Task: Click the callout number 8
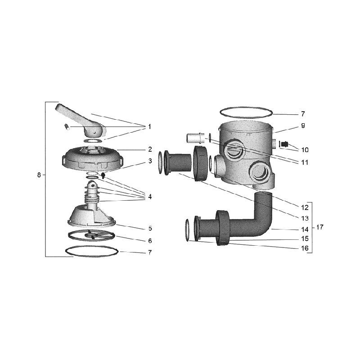[39, 175]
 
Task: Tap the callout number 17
[320, 228]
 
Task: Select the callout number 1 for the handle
[149, 127]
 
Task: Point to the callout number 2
[149, 149]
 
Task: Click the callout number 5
[149, 228]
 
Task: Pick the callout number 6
[149, 241]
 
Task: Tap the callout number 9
[303, 126]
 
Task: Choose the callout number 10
[305, 149]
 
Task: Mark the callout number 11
[305, 162]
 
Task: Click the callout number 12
[305, 207]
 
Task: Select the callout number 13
[305, 219]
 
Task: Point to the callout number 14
[305, 229]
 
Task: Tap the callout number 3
[149, 161]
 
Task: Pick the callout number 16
[305, 247]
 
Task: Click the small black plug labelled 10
[285, 144]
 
